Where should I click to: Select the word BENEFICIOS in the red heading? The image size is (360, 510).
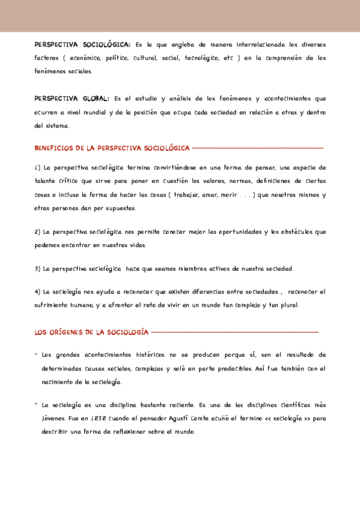click(53, 148)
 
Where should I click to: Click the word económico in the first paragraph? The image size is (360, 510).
click(81, 58)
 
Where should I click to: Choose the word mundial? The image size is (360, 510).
click(101, 112)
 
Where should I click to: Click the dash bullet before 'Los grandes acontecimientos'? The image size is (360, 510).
click(36, 355)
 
